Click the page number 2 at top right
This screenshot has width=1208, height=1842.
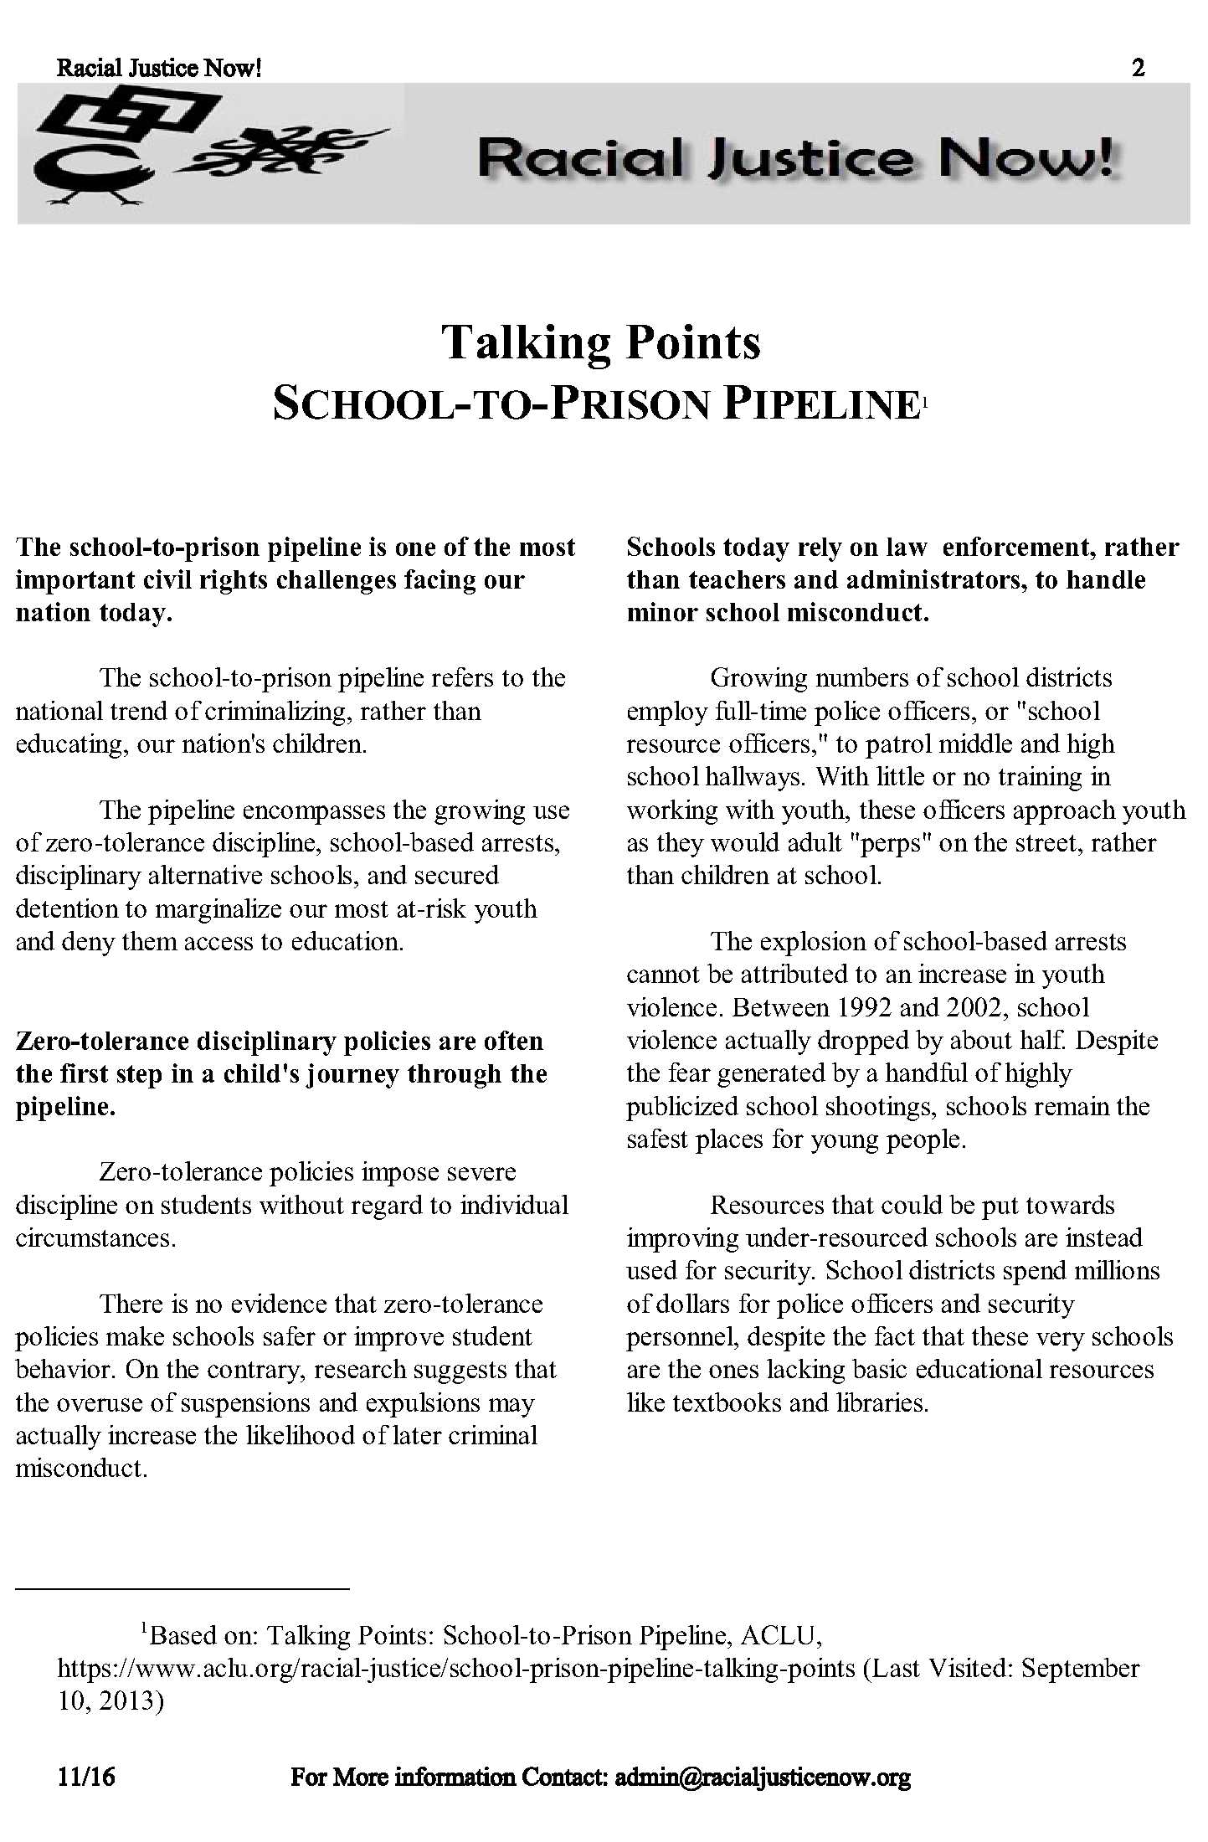click(x=1138, y=68)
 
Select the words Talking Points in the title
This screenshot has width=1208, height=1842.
click(x=601, y=342)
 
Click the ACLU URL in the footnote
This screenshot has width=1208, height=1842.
click(x=456, y=1668)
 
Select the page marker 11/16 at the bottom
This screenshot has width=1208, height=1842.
click(x=86, y=1777)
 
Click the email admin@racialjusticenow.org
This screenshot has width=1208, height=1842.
click(x=762, y=1777)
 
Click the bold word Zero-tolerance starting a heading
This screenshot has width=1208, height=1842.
click(x=103, y=1041)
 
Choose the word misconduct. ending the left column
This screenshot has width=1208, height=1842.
click(x=81, y=1468)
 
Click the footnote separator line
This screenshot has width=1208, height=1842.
click(x=182, y=1587)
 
